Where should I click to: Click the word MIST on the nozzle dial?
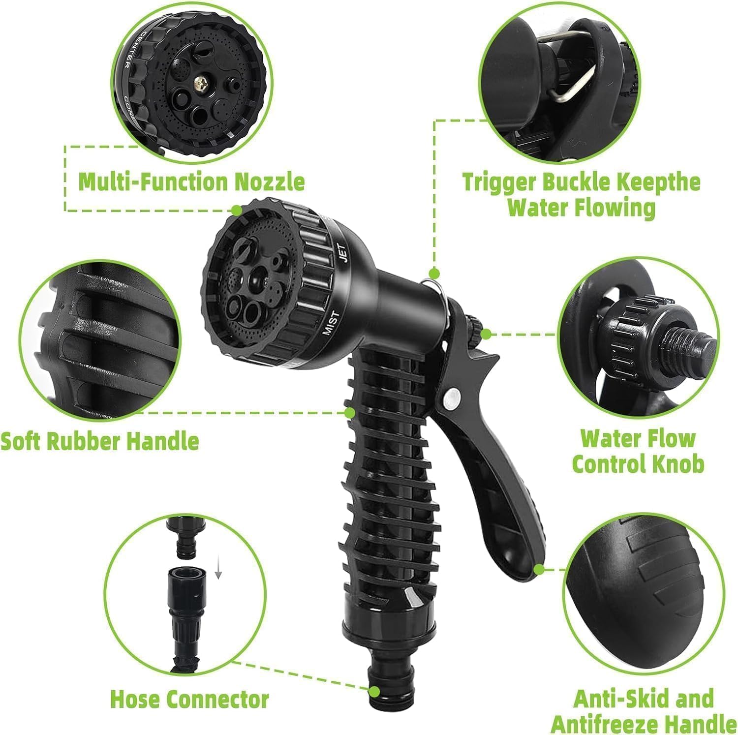(331, 323)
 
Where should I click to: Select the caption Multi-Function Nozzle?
(191, 182)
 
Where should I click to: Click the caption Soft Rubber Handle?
(99, 441)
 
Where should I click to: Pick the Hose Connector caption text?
(189, 699)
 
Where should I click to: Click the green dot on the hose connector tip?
(374, 692)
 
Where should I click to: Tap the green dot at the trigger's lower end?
(539, 570)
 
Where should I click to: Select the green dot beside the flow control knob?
(486, 334)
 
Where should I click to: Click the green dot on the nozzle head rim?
(237, 210)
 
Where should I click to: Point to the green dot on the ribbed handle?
(349, 412)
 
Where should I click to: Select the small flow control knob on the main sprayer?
(475, 325)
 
